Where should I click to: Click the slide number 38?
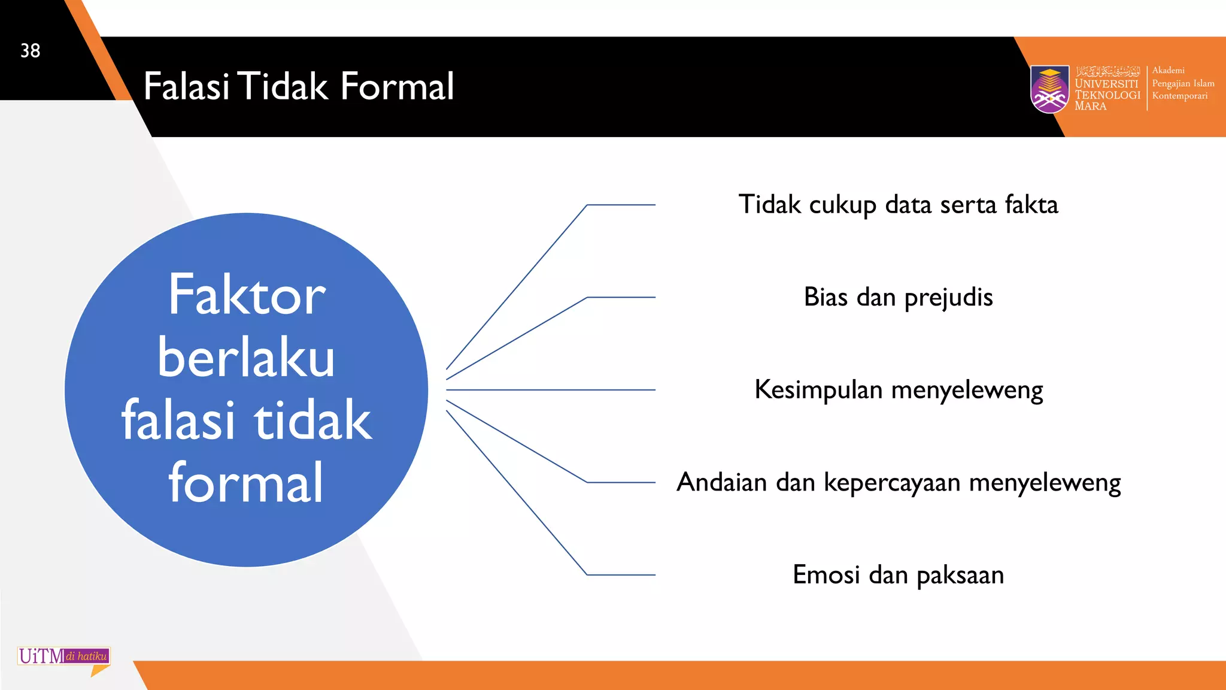click(x=31, y=51)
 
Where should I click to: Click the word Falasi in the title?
click(x=186, y=86)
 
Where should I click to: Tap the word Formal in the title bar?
click(x=397, y=86)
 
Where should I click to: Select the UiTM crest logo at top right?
click(x=1049, y=89)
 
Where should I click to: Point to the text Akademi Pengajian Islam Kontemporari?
click(x=1182, y=83)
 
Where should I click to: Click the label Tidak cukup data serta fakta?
click(x=898, y=205)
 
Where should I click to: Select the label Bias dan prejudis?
click(x=898, y=297)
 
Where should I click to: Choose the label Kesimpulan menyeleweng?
click(x=898, y=390)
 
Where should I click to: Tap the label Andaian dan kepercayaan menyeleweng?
click(x=898, y=482)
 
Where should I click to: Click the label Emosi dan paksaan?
click(x=898, y=575)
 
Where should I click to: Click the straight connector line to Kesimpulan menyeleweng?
click(x=551, y=390)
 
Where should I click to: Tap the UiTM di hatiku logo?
click(x=63, y=658)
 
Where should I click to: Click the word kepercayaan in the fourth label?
click(x=892, y=483)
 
